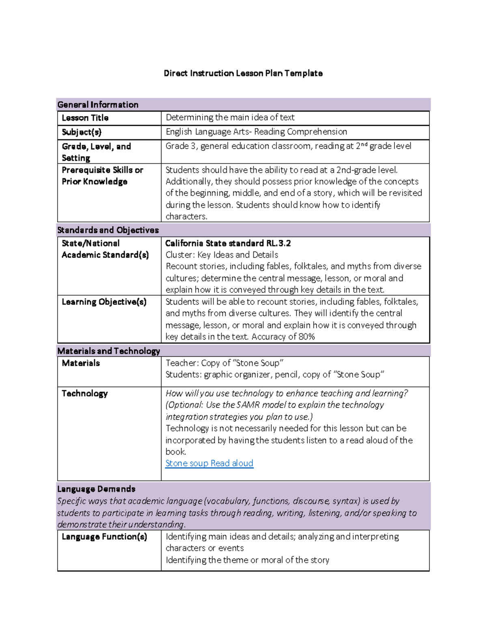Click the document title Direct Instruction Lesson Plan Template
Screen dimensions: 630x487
pos(243,73)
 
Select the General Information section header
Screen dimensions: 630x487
pos(98,105)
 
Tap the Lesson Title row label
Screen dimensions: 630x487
pos(85,118)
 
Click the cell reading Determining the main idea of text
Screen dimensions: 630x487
pos(230,118)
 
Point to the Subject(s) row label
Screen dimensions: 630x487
pos(82,132)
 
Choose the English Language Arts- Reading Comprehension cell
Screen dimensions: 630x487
pos(256,132)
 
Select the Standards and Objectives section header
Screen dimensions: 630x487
pos(108,230)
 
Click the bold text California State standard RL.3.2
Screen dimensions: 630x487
pos(228,243)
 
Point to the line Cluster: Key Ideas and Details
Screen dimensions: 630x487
pos(222,255)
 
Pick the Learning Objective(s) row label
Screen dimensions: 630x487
pos(104,302)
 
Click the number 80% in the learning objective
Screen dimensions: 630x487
pos(306,337)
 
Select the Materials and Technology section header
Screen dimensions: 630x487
pos(109,351)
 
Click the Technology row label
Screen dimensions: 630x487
pos(84,393)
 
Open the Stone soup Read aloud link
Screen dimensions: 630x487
pos(209,463)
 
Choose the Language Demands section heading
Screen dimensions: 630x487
pos(96,489)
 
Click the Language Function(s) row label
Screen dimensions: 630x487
pos(104,537)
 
